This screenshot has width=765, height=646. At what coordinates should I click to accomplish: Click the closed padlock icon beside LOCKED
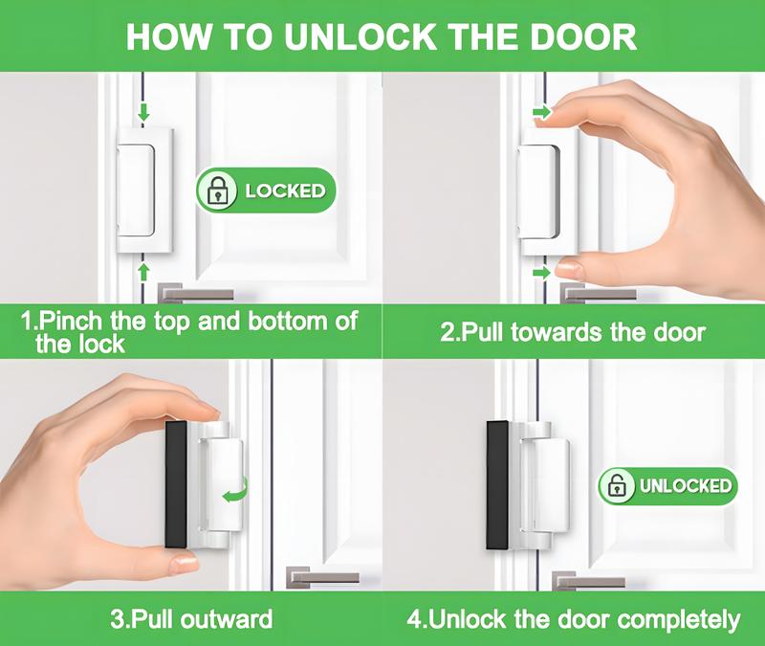(220, 189)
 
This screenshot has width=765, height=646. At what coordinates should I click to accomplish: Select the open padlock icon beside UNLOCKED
(619, 485)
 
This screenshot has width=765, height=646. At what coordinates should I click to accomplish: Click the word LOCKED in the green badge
(285, 190)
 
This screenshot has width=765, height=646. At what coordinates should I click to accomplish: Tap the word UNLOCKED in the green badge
(685, 485)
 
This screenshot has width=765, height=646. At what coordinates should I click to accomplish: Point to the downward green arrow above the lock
(143, 113)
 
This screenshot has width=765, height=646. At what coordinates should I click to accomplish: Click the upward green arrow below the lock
(143, 271)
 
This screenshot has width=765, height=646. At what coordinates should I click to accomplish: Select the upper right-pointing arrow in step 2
(541, 113)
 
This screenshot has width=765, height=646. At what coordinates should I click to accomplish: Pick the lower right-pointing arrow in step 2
(541, 273)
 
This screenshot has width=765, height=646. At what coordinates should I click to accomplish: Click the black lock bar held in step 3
(176, 483)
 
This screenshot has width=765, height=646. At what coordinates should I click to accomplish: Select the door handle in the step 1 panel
(196, 292)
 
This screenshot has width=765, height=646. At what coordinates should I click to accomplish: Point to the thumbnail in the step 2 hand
(571, 269)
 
